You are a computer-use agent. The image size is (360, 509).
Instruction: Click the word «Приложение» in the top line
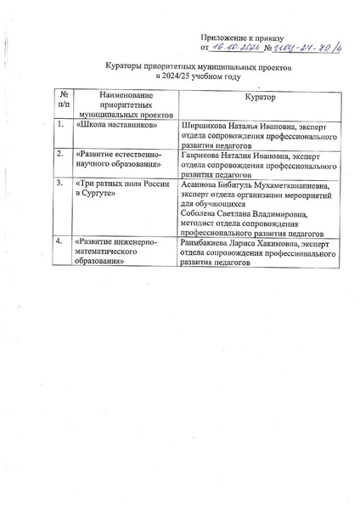point(222,38)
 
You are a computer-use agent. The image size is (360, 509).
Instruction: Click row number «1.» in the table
point(59,125)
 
